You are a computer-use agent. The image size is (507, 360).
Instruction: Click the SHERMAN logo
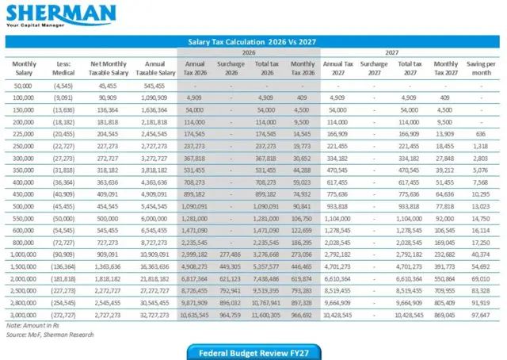click(61, 16)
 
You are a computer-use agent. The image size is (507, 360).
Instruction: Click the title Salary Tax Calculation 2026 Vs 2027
click(252, 42)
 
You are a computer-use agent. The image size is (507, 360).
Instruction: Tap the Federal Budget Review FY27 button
click(253, 353)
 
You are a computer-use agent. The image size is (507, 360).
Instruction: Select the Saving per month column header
click(481, 68)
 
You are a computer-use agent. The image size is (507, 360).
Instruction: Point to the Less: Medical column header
click(63, 68)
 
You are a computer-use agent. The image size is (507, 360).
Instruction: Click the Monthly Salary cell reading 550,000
click(23, 219)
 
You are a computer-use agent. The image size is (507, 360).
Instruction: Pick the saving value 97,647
click(481, 315)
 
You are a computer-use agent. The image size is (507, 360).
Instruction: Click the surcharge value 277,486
click(231, 255)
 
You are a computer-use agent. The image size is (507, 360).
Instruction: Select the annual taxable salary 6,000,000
click(154, 219)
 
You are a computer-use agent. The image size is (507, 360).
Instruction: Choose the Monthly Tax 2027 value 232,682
click(444, 255)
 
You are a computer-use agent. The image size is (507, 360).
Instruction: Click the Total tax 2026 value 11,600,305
click(266, 315)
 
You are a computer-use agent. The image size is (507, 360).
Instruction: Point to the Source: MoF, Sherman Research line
click(50, 335)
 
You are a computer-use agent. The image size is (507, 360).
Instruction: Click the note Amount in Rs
click(32, 325)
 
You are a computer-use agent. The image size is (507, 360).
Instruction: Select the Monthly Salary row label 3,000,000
click(23, 315)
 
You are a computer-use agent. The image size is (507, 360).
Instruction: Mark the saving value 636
click(481, 134)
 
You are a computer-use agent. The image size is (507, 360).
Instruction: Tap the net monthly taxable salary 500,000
click(108, 219)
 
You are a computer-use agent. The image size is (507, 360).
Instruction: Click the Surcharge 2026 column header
click(231, 68)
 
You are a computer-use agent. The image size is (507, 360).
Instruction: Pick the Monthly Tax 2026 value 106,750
click(301, 219)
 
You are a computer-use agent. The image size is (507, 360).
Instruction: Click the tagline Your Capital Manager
click(35, 25)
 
